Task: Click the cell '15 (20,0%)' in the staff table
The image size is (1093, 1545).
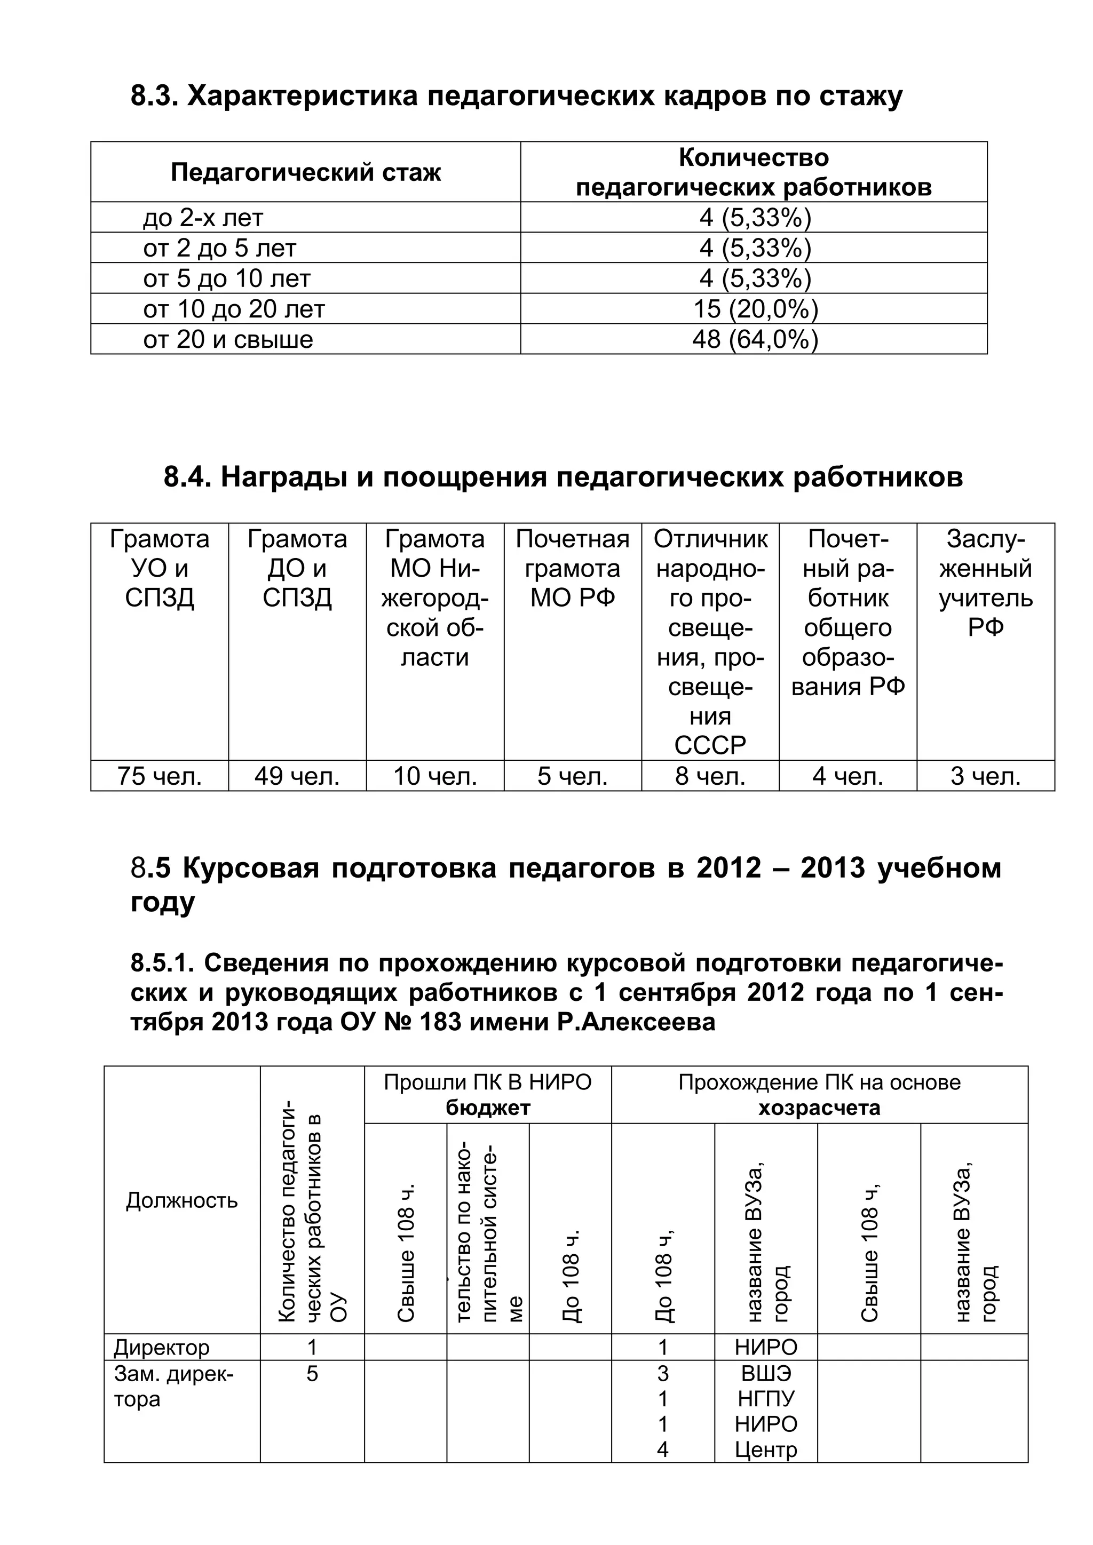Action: click(x=755, y=309)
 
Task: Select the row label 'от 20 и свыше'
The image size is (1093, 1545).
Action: click(x=228, y=339)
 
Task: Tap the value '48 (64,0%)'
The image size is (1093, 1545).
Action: click(x=755, y=339)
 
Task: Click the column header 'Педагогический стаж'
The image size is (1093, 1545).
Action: click(x=306, y=172)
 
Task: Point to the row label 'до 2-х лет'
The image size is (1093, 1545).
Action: click(x=203, y=218)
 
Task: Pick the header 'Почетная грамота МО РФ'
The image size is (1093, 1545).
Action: click(x=572, y=568)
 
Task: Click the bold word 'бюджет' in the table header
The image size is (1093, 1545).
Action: click(x=488, y=1108)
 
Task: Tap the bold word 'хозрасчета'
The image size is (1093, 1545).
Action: click(x=819, y=1108)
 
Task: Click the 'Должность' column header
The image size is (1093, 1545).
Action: click(x=181, y=1200)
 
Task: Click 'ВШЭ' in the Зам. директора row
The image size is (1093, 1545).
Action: click(x=766, y=1373)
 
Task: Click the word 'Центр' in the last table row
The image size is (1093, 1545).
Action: click(x=766, y=1450)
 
